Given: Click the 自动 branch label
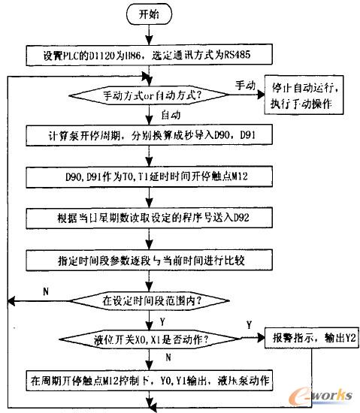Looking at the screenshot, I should (x=171, y=115).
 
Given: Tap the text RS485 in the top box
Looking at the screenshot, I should (x=246, y=55).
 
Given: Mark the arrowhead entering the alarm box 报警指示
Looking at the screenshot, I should (x=256, y=338).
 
